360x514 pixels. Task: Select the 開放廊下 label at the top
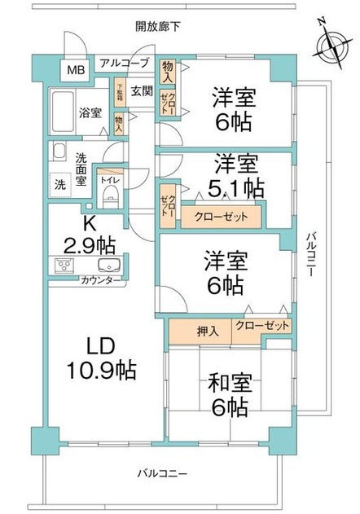point(158,26)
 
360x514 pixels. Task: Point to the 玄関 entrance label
point(142,90)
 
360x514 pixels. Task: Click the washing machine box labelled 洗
point(61,185)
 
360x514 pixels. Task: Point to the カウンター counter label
point(102,281)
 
